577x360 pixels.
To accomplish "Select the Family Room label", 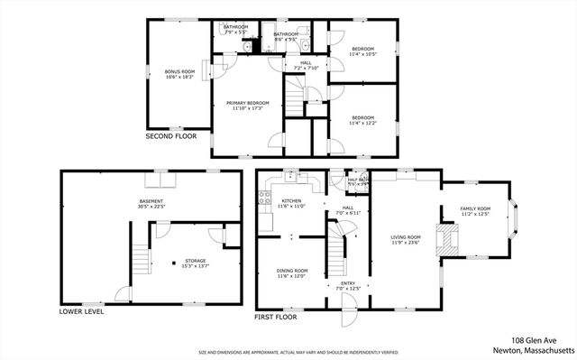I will click(x=474, y=210).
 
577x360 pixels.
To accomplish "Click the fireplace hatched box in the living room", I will click(x=446, y=236).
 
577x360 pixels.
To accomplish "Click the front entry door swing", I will click(x=347, y=317).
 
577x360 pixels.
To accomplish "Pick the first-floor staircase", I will click(x=336, y=248).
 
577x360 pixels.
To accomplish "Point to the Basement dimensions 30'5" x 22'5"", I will click(x=151, y=207).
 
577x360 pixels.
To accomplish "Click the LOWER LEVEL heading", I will click(x=81, y=312).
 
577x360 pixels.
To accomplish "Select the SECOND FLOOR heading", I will click(x=170, y=136).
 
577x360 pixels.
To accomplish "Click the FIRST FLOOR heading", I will click(x=276, y=318).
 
